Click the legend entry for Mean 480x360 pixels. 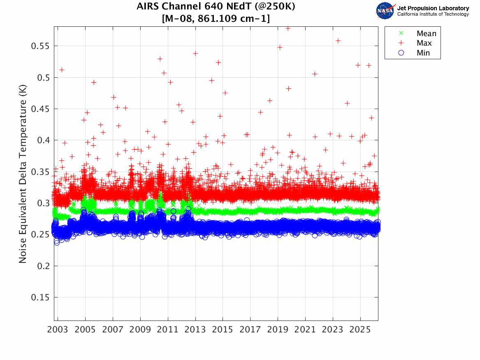pyautogui.click(x=426, y=34)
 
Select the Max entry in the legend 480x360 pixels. pyautogui.click(x=424, y=43)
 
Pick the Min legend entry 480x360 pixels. pyautogui.click(x=423, y=53)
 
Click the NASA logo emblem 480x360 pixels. pyautogui.click(x=385, y=11)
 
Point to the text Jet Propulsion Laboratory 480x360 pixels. pyautogui.click(x=433, y=8)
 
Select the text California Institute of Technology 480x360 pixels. pyautogui.click(x=433, y=14)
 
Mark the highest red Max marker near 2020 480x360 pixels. pyautogui.click(x=288, y=28)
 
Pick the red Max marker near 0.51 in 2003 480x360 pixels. pyautogui.click(x=62, y=70)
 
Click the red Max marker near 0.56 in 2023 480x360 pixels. pyautogui.click(x=338, y=41)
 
